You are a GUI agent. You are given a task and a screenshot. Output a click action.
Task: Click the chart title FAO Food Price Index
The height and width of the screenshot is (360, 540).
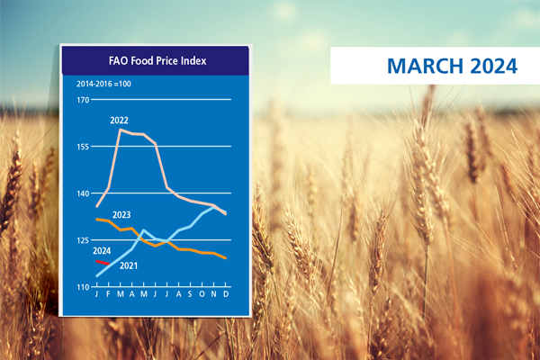[x=157, y=61]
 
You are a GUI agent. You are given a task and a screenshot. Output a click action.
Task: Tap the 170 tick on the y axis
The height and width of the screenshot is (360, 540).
[x=83, y=100]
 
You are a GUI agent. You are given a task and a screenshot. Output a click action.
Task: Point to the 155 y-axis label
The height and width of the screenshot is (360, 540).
[x=83, y=147]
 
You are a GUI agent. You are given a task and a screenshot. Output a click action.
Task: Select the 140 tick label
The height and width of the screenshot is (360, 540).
[x=83, y=193]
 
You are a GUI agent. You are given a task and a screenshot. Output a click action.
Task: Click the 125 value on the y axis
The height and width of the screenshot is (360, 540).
[x=83, y=240]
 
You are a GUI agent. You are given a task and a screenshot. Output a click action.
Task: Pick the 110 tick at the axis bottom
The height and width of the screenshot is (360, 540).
[x=83, y=287]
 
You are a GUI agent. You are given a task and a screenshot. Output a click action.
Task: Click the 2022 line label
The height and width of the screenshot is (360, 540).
[x=119, y=121]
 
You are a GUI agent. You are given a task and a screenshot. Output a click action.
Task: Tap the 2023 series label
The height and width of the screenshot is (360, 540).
[x=121, y=215]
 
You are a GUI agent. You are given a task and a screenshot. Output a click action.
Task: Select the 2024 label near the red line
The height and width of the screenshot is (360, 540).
[x=102, y=251]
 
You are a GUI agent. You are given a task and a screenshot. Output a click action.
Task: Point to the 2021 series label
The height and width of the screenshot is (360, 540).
[x=129, y=265]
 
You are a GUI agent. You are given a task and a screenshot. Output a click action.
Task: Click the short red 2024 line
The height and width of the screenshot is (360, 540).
[x=103, y=263]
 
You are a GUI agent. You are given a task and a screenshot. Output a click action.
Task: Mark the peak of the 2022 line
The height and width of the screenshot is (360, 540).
[x=121, y=130]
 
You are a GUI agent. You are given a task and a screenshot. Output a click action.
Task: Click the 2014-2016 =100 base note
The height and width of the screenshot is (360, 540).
[x=103, y=84]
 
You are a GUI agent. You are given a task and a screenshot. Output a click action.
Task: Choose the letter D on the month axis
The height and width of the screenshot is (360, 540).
[x=226, y=294]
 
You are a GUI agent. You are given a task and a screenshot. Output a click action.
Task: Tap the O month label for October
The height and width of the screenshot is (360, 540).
[x=202, y=294]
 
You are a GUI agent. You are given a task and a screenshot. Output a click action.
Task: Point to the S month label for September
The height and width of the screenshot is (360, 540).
[x=190, y=294]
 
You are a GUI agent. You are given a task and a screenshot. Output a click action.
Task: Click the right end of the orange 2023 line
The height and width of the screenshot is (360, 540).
[x=226, y=258]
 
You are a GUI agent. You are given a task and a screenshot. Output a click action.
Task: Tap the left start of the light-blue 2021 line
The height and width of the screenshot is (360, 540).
[x=97, y=276]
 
